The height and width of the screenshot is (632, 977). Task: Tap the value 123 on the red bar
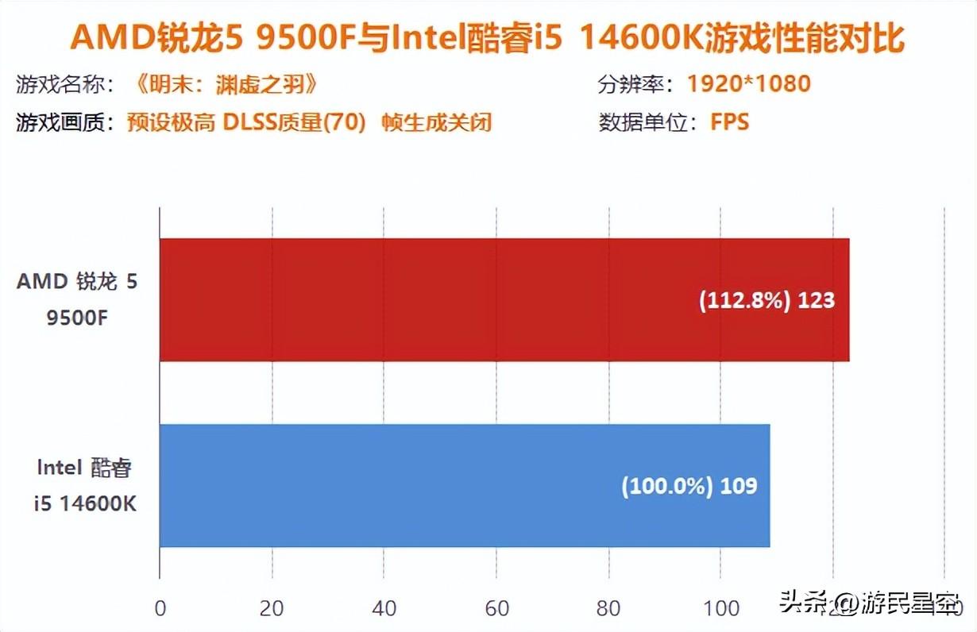point(817,301)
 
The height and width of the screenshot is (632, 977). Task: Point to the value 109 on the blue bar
point(739,486)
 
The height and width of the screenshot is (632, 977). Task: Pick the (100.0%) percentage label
point(666,486)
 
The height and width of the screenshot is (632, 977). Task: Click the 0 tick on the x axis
point(160,609)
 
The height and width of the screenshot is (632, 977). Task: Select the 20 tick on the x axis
point(272,609)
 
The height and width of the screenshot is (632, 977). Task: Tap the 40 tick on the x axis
point(384,609)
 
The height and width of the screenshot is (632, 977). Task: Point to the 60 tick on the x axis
point(496,609)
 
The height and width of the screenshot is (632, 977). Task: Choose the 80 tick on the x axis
point(608,609)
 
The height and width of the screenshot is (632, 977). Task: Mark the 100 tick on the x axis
point(720,609)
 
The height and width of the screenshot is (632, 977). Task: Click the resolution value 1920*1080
point(748,83)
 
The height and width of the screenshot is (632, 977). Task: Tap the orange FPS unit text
point(730,123)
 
